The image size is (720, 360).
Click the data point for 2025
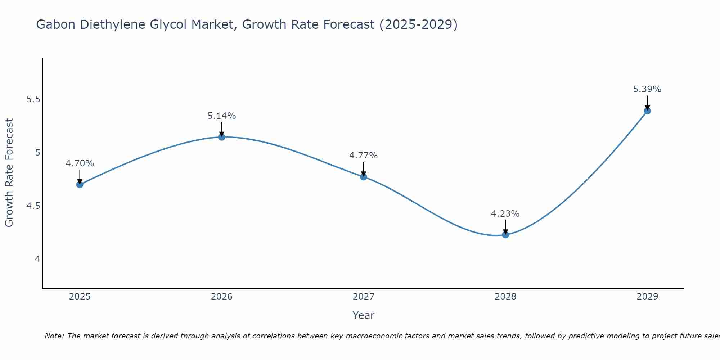(x=80, y=185)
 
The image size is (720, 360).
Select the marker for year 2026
(x=222, y=137)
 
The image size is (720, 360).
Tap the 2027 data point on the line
(x=364, y=177)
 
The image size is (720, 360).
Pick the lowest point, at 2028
(x=505, y=235)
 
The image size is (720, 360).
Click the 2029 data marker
(x=647, y=111)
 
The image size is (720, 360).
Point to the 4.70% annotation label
(x=80, y=163)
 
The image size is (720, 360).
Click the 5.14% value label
(x=222, y=116)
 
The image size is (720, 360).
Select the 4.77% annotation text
(x=364, y=156)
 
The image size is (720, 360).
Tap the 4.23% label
(x=505, y=214)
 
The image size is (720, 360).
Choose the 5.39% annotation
(x=647, y=89)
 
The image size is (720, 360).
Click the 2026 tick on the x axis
(x=222, y=297)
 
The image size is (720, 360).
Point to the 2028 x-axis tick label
(x=505, y=297)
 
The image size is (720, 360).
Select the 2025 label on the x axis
(x=80, y=297)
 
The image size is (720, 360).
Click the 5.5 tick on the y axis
(x=33, y=99)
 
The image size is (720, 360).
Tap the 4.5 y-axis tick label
(x=33, y=206)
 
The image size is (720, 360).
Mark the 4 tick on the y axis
(x=37, y=259)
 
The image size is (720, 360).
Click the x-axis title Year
(x=364, y=315)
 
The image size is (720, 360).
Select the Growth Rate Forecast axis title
(x=9, y=173)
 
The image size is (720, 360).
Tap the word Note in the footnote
(x=54, y=336)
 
